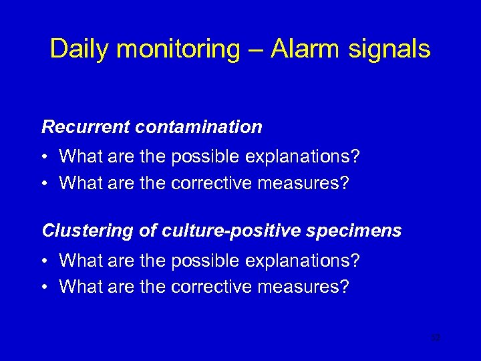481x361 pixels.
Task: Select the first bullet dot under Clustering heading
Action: [x=44, y=261]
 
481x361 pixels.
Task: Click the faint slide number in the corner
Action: [x=436, y=338]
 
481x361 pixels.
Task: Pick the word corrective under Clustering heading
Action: [x=212, y=287]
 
